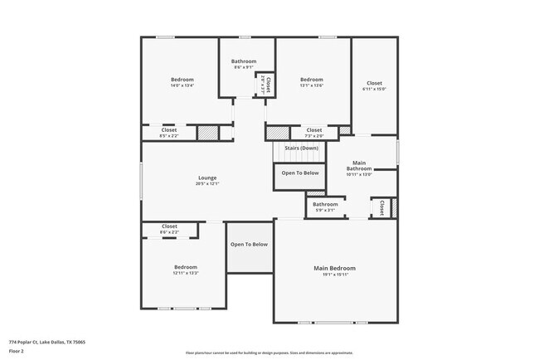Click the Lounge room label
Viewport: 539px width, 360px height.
coord(207,178)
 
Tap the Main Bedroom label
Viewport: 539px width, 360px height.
coord(334,268)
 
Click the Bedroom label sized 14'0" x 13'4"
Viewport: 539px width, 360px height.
coord(182,80)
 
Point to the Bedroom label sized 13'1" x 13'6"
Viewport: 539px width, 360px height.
coord(311,80)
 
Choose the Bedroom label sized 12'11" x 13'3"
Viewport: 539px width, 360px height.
coord(185,266)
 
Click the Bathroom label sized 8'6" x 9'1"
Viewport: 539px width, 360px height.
coord(244,61)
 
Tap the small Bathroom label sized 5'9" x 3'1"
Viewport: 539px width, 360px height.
coord(325,204)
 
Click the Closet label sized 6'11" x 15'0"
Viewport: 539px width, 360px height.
coord(374,83)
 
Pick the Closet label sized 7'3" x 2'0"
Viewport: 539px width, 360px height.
coord(313,129)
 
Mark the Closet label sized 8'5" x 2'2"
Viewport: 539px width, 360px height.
coord(168,129)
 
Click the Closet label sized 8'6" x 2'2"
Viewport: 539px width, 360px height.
coord(169,226)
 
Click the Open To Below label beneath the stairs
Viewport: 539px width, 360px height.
coord(300,173)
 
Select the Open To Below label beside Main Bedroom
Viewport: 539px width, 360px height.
coord(249,244)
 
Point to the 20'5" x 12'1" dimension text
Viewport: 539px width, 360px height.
coord(207,183)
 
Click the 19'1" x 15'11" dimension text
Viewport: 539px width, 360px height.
coord(334,275)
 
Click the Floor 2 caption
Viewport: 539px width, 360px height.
coord(17,350)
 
